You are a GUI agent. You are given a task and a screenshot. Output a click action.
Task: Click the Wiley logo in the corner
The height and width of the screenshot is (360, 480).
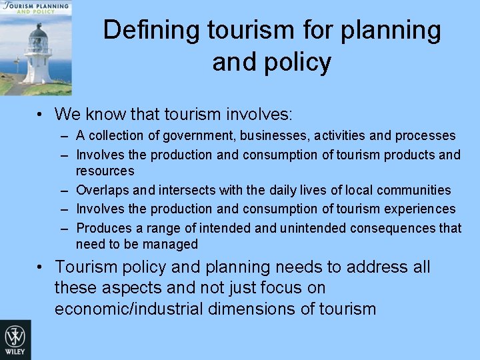pyautogui.click(x=15, y=339)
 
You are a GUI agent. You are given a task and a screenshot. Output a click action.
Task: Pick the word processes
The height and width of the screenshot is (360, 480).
pyautogui.click(x=425, y=136)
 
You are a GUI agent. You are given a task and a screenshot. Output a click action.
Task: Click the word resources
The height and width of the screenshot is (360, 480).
pyautogui.click(x=105, y=171)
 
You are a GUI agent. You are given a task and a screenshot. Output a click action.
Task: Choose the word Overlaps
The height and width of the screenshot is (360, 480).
pyautogui.click(x=101, y=191)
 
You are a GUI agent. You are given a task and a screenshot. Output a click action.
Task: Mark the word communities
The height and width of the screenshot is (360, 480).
pyautogui.click(x=413, y=191)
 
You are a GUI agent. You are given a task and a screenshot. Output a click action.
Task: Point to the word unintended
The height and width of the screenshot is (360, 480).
pyautogui.click(x=315, y=229)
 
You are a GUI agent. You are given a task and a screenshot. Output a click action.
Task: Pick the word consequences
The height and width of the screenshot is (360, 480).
pyautogui.click(x=398, y=229)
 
